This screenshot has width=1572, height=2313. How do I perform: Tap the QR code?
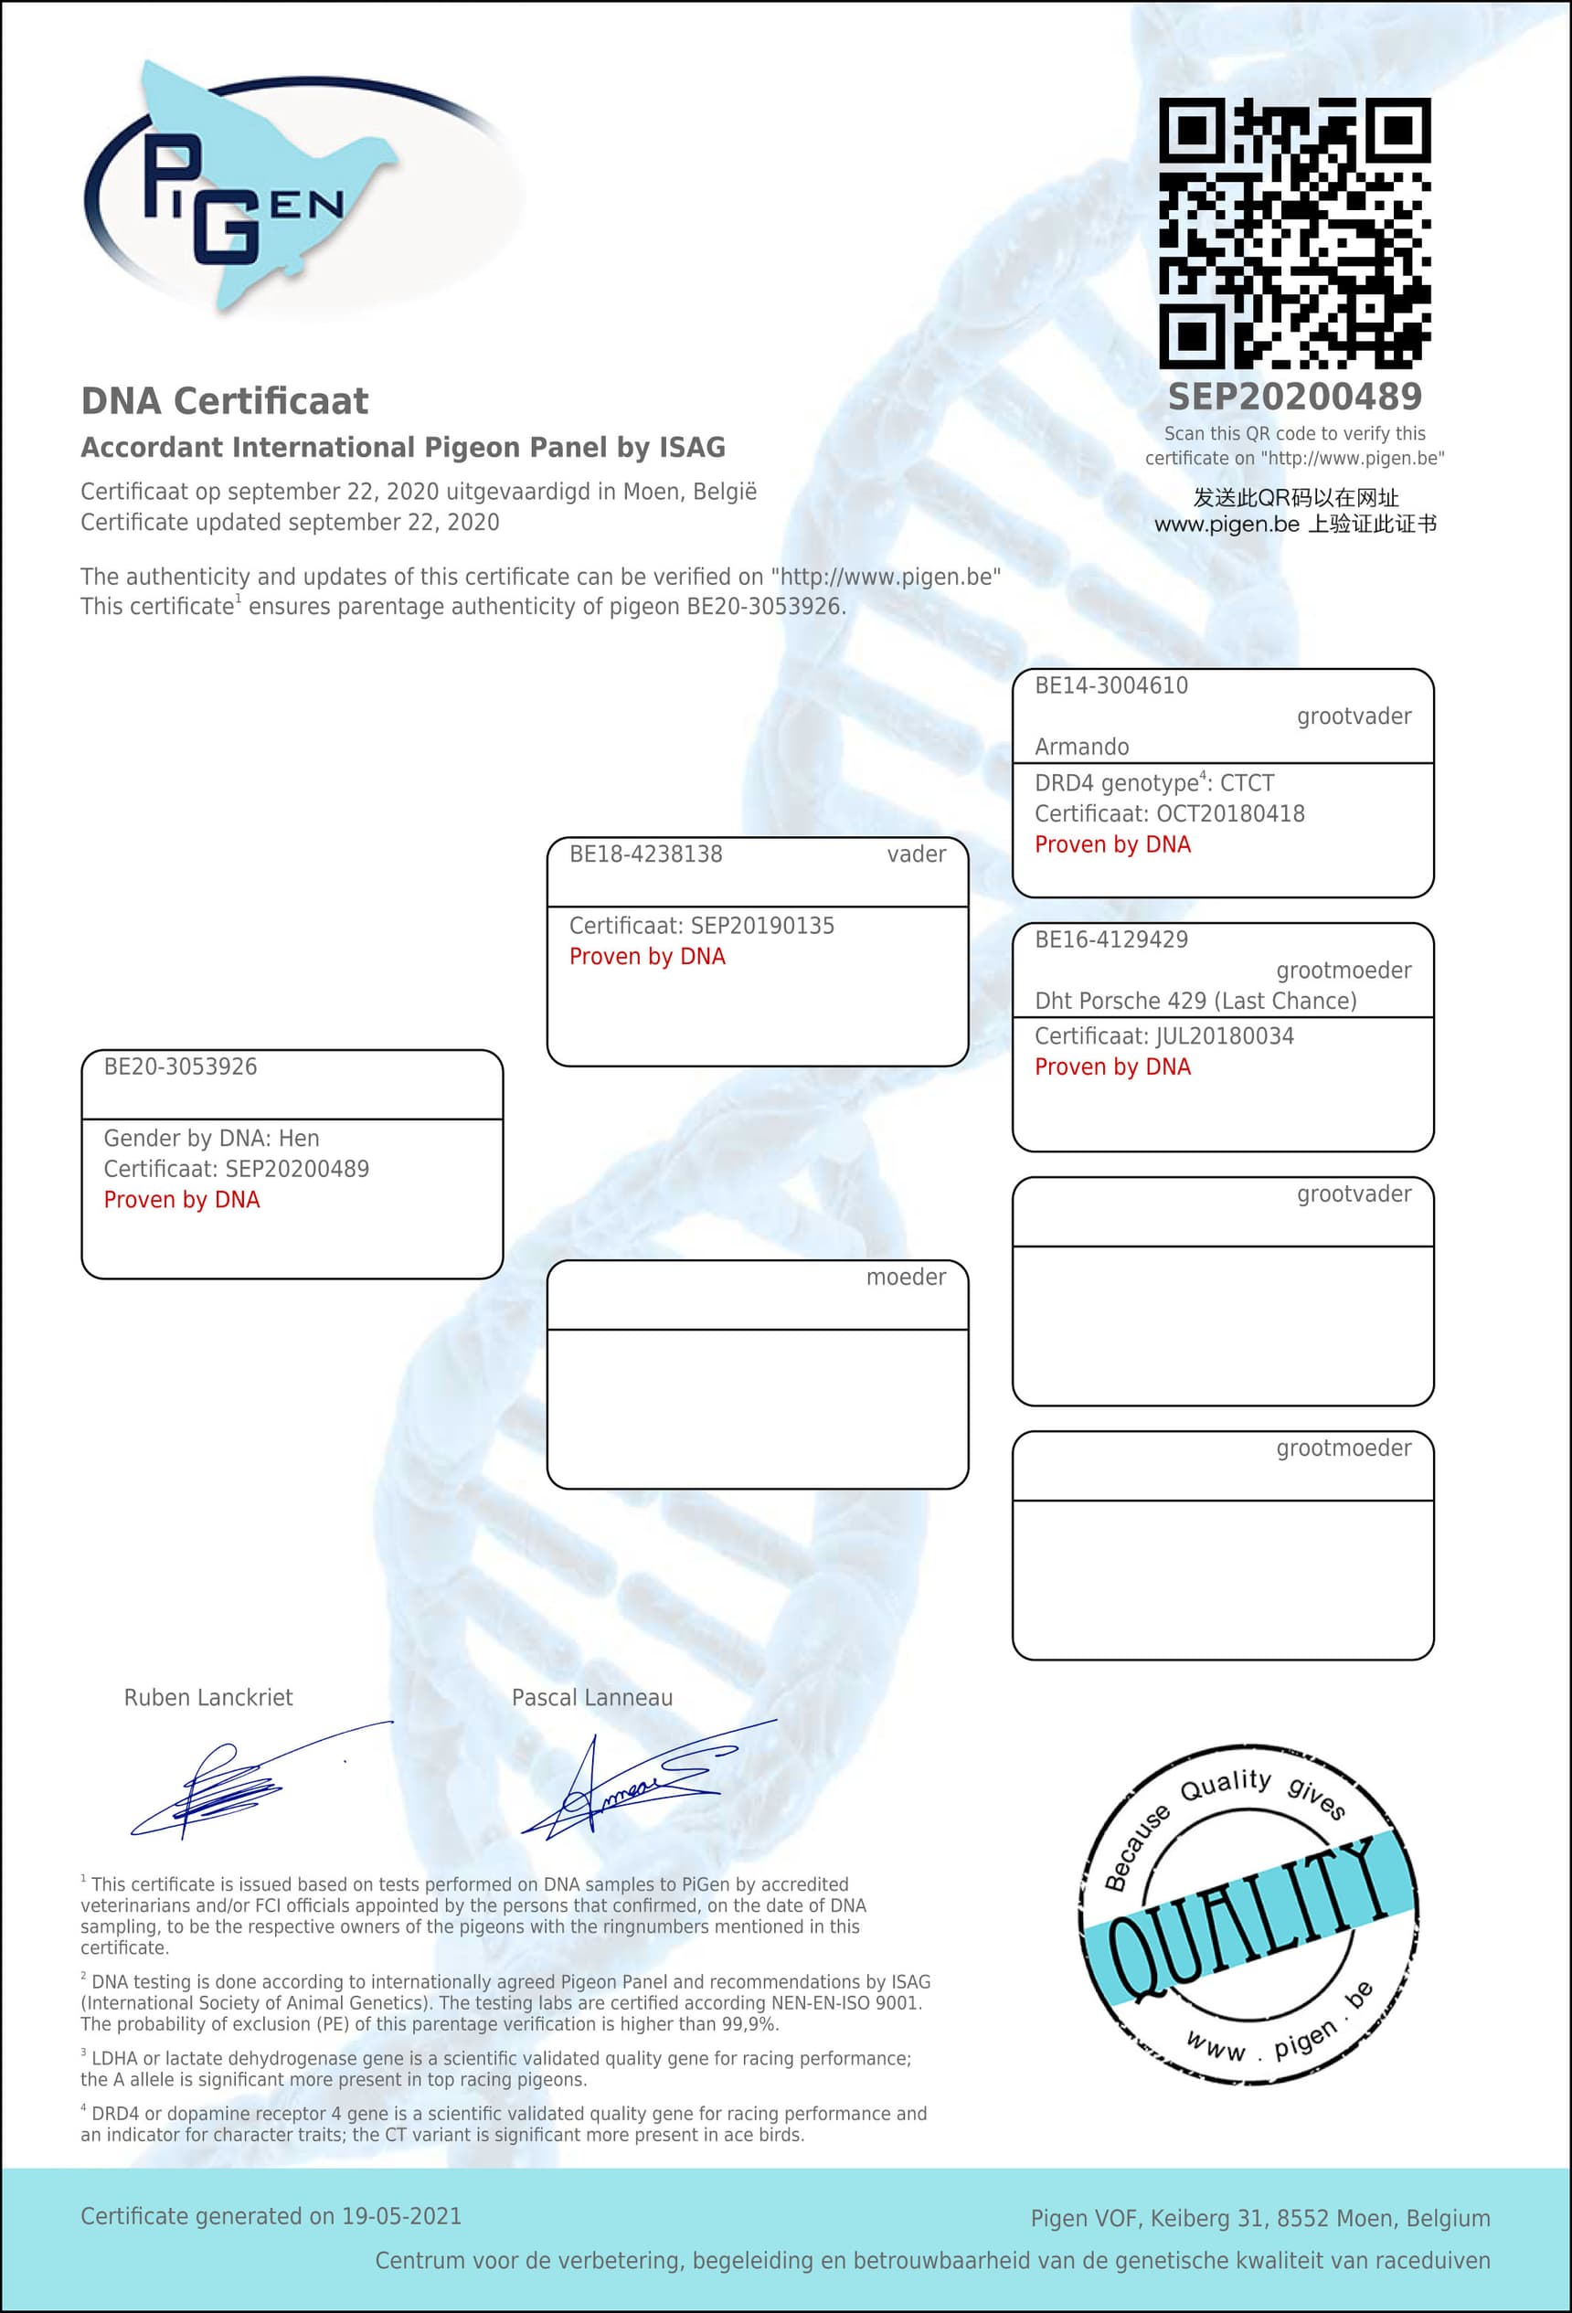coord(1294,233)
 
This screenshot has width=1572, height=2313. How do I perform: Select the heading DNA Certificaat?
coord(224,401)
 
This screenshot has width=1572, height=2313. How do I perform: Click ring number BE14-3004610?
coord(1111,685)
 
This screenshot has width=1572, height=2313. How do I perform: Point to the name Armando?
coord(1081,748)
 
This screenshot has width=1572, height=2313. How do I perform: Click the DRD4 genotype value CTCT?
coord(1247,783)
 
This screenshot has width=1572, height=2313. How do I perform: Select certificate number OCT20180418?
coord(1229,814)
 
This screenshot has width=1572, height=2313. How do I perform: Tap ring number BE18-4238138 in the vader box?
coord(645,854)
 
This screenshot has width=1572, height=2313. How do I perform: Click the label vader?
coord(916,854)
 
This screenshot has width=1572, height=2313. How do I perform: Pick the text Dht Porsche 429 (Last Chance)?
coord(1195,1002)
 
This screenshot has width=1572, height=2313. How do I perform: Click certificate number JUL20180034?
coord(1225,1036)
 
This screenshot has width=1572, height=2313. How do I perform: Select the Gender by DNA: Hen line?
coord(211,1139)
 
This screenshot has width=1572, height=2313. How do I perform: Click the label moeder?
coord(905,1277)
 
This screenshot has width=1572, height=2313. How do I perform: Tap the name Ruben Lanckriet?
coord(208,1698)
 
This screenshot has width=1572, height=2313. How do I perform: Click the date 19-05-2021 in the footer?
coord(401,2216)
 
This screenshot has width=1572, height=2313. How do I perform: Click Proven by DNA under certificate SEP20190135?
coord(647,957)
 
